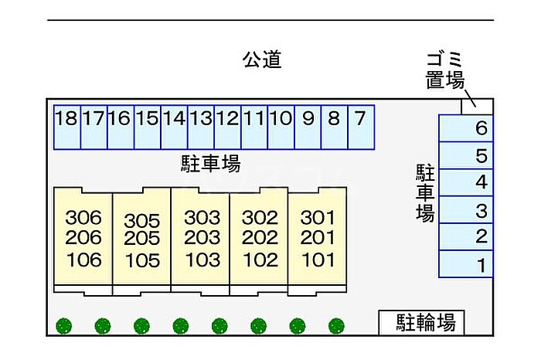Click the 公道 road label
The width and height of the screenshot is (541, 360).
pyautogui.click(x=262, y=59)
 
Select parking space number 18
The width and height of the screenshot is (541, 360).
pyautogui.click(x=67, y=127)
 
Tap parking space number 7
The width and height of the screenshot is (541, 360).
pyautogui.click(x=361, y=127)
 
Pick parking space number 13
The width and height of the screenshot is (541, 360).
pyautogui.click(x=201, y=127)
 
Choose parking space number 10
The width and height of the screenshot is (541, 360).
pyautogui.click(x=281, y=127)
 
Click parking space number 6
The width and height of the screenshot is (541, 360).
pyautogui.click(x=466, y=128)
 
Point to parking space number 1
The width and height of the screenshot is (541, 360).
pyautogui.click(x=466, y=264)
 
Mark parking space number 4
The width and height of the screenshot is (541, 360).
pyautogui.click(x=466, y=182)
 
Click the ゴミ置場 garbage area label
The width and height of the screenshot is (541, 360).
pyautogui.click(x=444, y=71)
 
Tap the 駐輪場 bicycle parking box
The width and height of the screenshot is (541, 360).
pyautogui.click(x=422, y=322)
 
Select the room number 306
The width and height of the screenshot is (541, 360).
pyautogui.click(x=83, y=218)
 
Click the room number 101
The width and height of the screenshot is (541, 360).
pyautogui.click(x=318, y=260)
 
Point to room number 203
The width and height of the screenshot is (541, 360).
pyautogui.click(x=202, y=238)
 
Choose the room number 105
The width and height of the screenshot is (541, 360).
pyautogui.click(x=142, y=260)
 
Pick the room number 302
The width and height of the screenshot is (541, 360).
pyautogui.click(x=260, y=218)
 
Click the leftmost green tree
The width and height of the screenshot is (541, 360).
pyautogui.click(x=64, y=326)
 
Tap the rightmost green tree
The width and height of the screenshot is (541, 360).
pyautogui.click(x=336, y=326)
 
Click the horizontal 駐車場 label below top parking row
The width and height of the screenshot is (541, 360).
pyautogui.click(x=211, y=164)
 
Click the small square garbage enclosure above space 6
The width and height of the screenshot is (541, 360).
pyautogui.click(x=477, y=107)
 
